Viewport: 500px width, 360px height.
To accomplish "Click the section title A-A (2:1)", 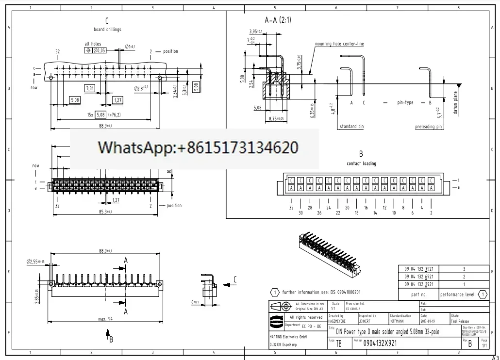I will coord(278,20).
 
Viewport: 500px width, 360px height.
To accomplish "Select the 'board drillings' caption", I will coord(107,30).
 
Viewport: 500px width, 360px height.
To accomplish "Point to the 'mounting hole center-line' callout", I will coord(339,44).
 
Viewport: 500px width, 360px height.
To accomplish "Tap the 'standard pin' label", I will coord(351,127).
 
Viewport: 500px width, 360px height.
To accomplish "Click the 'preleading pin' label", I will coord(429,127).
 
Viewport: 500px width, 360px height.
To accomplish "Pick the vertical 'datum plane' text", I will coord(455,102).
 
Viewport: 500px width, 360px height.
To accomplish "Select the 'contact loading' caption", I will coord(361,164).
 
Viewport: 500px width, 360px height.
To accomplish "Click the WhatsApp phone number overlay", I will coord(198,147).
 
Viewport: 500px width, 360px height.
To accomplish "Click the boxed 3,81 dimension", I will coord(90,88).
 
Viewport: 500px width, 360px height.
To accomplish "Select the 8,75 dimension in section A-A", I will coord(276,118).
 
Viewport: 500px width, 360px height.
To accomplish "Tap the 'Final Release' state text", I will coord(460,321).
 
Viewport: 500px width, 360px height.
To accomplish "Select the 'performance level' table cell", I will coord(457,295).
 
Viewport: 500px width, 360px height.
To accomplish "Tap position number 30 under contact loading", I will coord(300,213).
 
